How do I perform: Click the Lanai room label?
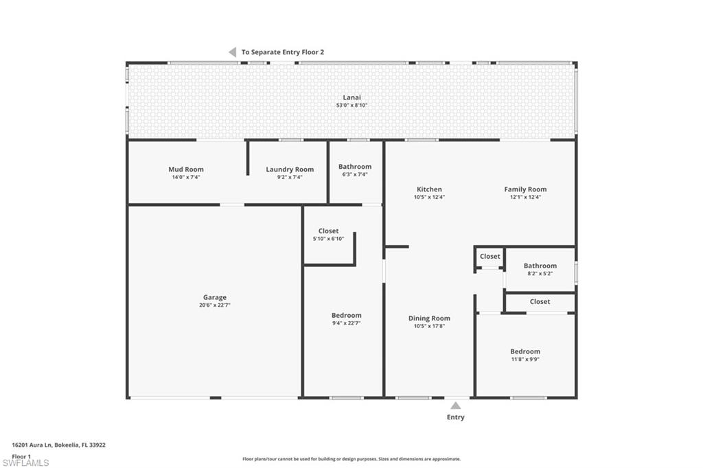pos(351,97)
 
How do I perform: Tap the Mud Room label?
pos(186,169)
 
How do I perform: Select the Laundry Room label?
pos(290,169)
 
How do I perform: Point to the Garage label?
pos(214,298)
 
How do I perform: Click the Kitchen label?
pos(429,189)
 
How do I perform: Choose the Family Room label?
pos(525,189)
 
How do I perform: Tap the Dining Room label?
pos(429,318)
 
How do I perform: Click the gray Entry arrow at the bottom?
pos(455,406)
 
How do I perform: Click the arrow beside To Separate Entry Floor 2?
pos(232,52)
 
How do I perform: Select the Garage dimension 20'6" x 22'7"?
pos(214,305)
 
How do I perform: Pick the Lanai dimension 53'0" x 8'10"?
pos(351,106)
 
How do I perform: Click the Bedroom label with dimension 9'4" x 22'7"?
pos(346,316)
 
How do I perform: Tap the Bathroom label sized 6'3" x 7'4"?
pos(355,167)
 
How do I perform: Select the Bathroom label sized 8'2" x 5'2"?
pos(540,266)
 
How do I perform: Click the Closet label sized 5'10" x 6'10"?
pos(328,231)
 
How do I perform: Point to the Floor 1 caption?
pos(21,456)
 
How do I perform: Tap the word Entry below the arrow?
pos(455,417)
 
